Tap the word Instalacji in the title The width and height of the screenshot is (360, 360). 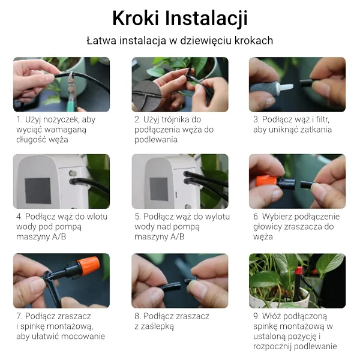coord(206,19)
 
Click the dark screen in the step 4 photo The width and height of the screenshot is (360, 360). coord(38,191)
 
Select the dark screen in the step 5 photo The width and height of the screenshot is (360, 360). coord(159,189)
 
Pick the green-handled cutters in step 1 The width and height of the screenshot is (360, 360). coord(73,92)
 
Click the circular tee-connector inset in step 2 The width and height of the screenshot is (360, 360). coord(146,96)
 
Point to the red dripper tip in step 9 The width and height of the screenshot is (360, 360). coord(298,271)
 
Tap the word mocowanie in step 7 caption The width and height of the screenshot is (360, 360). coord(83,337)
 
